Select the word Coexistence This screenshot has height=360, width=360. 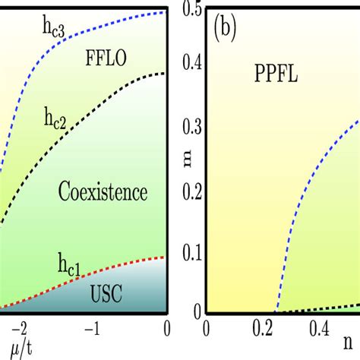pyautogui.click(x=102, y=193)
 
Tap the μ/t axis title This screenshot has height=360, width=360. pyautogui.click(x=13, y=349)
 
